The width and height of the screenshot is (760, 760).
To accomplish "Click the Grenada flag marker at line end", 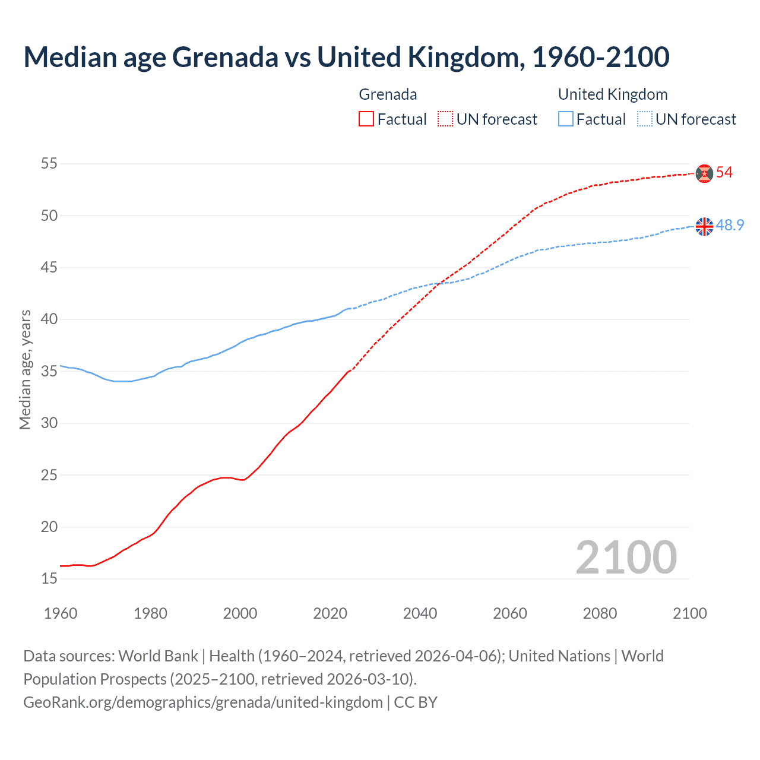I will (x=704, y=173).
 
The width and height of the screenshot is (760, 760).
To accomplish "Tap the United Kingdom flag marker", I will (x=704, y=226).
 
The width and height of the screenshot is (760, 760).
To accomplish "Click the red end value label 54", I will (x=724, y=173).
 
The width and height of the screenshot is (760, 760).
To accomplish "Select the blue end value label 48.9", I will (x=730, y=226).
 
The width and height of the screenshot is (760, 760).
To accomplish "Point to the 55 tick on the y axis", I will (x=49, y=163).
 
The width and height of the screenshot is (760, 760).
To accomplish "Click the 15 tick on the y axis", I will (x=49, y=578).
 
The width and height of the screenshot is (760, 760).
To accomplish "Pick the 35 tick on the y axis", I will (x=49, y=371).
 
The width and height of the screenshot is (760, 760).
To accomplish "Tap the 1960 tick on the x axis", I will (x=61, y=613).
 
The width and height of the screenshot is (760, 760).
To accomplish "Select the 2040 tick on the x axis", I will (x=420, y=613).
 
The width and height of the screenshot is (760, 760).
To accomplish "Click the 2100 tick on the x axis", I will (x=689, y=613).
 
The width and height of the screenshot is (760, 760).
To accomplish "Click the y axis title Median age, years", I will (x=25, y=369).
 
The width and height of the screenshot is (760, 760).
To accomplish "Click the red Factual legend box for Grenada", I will (x=366, y=119).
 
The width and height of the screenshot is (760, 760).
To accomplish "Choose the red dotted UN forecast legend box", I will (x=445, y=119).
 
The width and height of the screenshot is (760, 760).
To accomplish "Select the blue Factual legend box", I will (x=566, y=119).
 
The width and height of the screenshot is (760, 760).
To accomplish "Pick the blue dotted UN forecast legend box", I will (x=645, y=119).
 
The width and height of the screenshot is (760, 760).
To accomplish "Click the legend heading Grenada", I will (x=388, y=94).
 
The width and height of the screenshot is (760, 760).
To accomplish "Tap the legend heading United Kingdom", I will (x=613, y=94).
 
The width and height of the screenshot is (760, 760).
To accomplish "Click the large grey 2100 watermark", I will (x=626, y=557).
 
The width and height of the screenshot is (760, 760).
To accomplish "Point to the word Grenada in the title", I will (x=225, y=57).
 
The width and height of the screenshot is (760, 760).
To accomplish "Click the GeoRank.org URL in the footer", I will (x=203, y=702).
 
